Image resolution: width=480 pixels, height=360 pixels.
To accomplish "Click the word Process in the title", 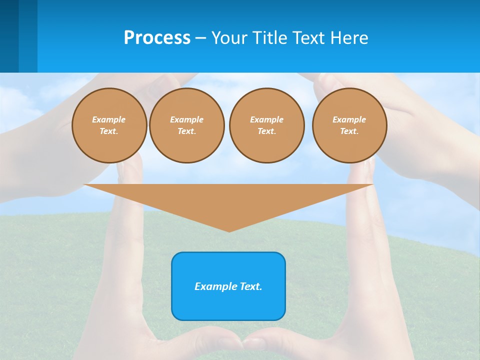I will [x=157, y=38].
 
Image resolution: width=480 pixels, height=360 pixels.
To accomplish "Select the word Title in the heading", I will [x=270, y=38].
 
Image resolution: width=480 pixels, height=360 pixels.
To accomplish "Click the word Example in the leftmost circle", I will [x=109, y=119].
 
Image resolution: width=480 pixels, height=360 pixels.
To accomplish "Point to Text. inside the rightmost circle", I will [x=349, y=131].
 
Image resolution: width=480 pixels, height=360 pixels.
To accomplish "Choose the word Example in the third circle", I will [x=266, y=119].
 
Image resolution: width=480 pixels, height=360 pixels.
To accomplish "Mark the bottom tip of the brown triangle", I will [x=229, y=231].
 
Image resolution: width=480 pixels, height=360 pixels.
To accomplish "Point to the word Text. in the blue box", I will [x=251, y=286].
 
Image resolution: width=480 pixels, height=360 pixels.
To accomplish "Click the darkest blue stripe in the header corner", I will [x=9, y=36].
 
